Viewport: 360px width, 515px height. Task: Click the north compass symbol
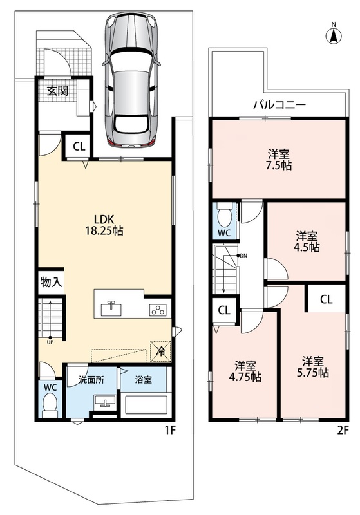(x=334, y=35)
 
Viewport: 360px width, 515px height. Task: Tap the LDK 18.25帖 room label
(x=104, y=225)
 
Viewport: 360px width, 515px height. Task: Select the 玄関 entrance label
(x=57, y=91)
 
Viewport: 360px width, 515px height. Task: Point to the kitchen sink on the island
(x=111, y=308)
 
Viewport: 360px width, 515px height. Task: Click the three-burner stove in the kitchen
(x=158, y=310)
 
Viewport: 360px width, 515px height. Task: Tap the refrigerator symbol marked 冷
(x=160, y=351)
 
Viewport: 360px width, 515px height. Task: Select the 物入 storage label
(x=52, y=282)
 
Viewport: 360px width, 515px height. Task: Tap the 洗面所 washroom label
(x=91, y=380)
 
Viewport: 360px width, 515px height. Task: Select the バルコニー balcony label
(x=279, y=105)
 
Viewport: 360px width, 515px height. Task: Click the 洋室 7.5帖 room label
(x=279, y=159)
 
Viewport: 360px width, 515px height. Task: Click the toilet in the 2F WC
(x=225, y=215)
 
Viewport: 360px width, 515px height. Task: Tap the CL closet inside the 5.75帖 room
(x=326, y=299)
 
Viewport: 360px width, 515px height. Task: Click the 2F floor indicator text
(x=343, y=430)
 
